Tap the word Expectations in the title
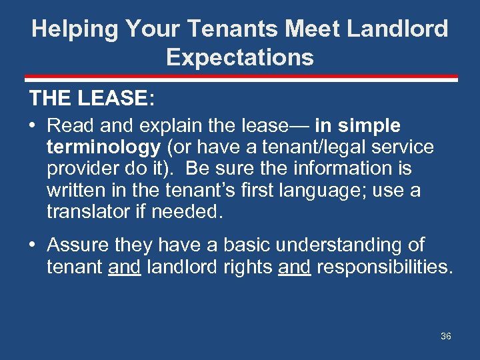coord(240,57)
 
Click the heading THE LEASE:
coord(92,99)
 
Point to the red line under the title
coord(240,79)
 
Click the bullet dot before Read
coord(33,125)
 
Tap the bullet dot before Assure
coord(33,245)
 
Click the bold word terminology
coord(103,147)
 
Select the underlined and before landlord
coord(124,267)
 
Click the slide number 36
coord(446,336)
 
